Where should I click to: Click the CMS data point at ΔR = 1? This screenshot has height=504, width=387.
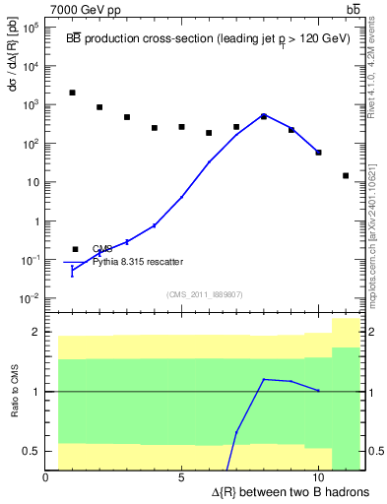click(73, 93)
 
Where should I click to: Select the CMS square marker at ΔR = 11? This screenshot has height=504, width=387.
click(346, 176)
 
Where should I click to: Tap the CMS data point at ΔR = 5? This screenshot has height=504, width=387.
click(182, 127)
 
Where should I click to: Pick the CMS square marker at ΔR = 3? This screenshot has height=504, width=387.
click(127, 117)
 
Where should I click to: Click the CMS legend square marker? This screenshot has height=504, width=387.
click(75, 249)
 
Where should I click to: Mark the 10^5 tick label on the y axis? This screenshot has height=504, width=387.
click(29, 28)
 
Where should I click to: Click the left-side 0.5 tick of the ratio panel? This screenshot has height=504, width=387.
click(32, 451)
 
